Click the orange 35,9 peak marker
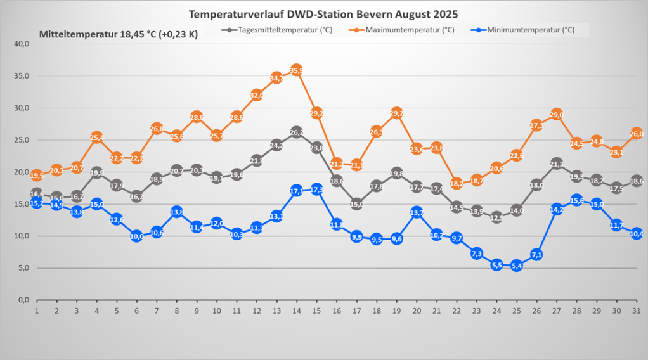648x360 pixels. point(296,70)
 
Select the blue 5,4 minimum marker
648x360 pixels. point(517,266)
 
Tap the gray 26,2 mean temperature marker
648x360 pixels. point(296,132)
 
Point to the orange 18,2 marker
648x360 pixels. point(457,184)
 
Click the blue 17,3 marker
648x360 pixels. point(316,190)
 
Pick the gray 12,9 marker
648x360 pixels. point(496,217)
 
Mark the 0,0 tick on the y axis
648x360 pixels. point(23,300)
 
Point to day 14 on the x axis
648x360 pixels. point(296,311)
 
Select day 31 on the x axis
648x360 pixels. point(637,311)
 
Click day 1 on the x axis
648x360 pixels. point(37,311)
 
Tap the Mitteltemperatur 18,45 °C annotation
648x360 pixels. point(119,34)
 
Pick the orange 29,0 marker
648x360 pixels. point(557,115)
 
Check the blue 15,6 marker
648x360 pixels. point(577,200)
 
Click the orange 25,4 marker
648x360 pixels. point(97,138)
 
